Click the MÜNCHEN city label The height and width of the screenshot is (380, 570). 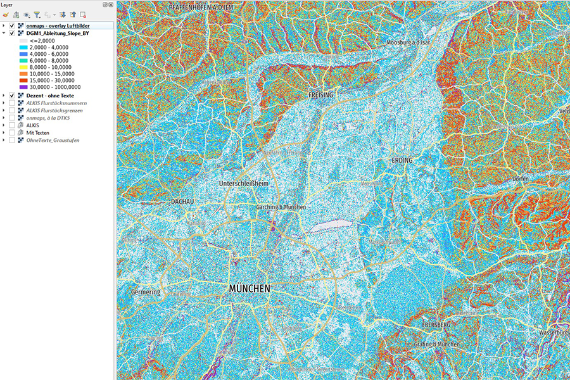click(249, 288)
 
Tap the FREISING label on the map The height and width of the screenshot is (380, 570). click(320, 94)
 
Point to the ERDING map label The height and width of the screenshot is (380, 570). click(402, 160)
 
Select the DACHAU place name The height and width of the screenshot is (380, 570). click(181, 201)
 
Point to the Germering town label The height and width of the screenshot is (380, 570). click(146, 292)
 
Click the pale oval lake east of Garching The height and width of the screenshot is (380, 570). click(327, 225)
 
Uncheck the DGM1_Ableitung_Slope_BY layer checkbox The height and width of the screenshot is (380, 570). click(12, 33)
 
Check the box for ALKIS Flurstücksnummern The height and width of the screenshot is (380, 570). click(12, 103)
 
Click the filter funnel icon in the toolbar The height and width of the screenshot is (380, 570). click(37, 14)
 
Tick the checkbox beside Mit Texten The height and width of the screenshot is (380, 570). click(12, 132)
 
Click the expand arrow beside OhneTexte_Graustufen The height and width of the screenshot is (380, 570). click(4, 140)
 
